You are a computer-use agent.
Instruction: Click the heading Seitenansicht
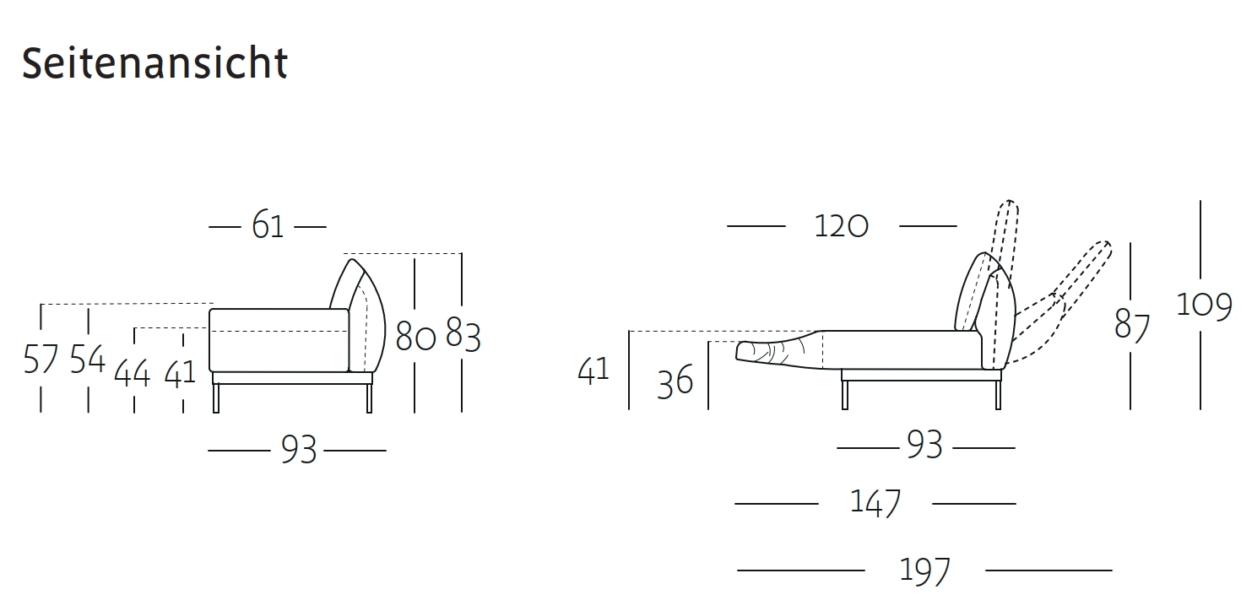pyautogui.click(x=154, y=63)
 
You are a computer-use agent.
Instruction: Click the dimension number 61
pyautogui.click(x=268, y=225)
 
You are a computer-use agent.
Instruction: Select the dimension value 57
pyautogui.click(x=41, y=359)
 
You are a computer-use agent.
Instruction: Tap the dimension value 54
pyautogui.click(x=88, y=359)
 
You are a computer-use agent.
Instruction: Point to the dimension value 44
pyautogui.click(x=132, y=372)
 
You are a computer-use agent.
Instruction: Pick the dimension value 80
pyautogui.click(x=415, y=336)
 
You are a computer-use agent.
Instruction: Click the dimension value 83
pyautogui.click(x=463, y=334)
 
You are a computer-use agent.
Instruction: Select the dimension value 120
pyautogui.click(x=841, y=226)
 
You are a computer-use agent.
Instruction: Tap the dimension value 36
pyautogui.click(x=675, y=381)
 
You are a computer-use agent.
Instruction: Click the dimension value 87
pyautogui.click(x=1132, y=326)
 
